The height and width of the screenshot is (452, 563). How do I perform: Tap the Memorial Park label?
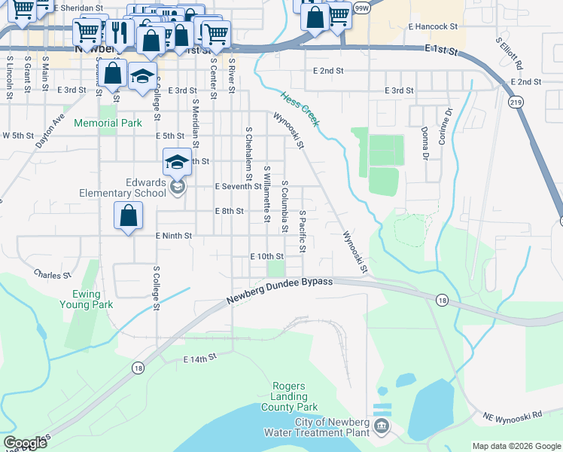[x=109, y=123]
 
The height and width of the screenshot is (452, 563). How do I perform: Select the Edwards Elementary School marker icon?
[x=178, y=187]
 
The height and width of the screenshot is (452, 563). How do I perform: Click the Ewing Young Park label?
[x=87, y=299]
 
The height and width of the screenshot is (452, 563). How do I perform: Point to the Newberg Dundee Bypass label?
[x=280, y=292]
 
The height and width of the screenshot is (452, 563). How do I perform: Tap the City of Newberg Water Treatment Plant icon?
[x=382, y=427]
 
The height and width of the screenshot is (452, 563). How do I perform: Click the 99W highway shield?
[x=363, y=8]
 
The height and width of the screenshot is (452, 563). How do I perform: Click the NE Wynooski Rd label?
[x=513, y=415]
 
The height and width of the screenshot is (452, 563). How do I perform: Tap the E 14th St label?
[x=199, y=360]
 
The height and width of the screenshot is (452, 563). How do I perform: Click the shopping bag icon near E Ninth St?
[x=129, y=216]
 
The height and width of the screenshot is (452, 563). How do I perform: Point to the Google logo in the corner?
[x=25, y=443]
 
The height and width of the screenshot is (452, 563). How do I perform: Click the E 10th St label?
[x=266, y=256]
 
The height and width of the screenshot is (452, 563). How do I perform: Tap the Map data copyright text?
[x=516, y=446]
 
